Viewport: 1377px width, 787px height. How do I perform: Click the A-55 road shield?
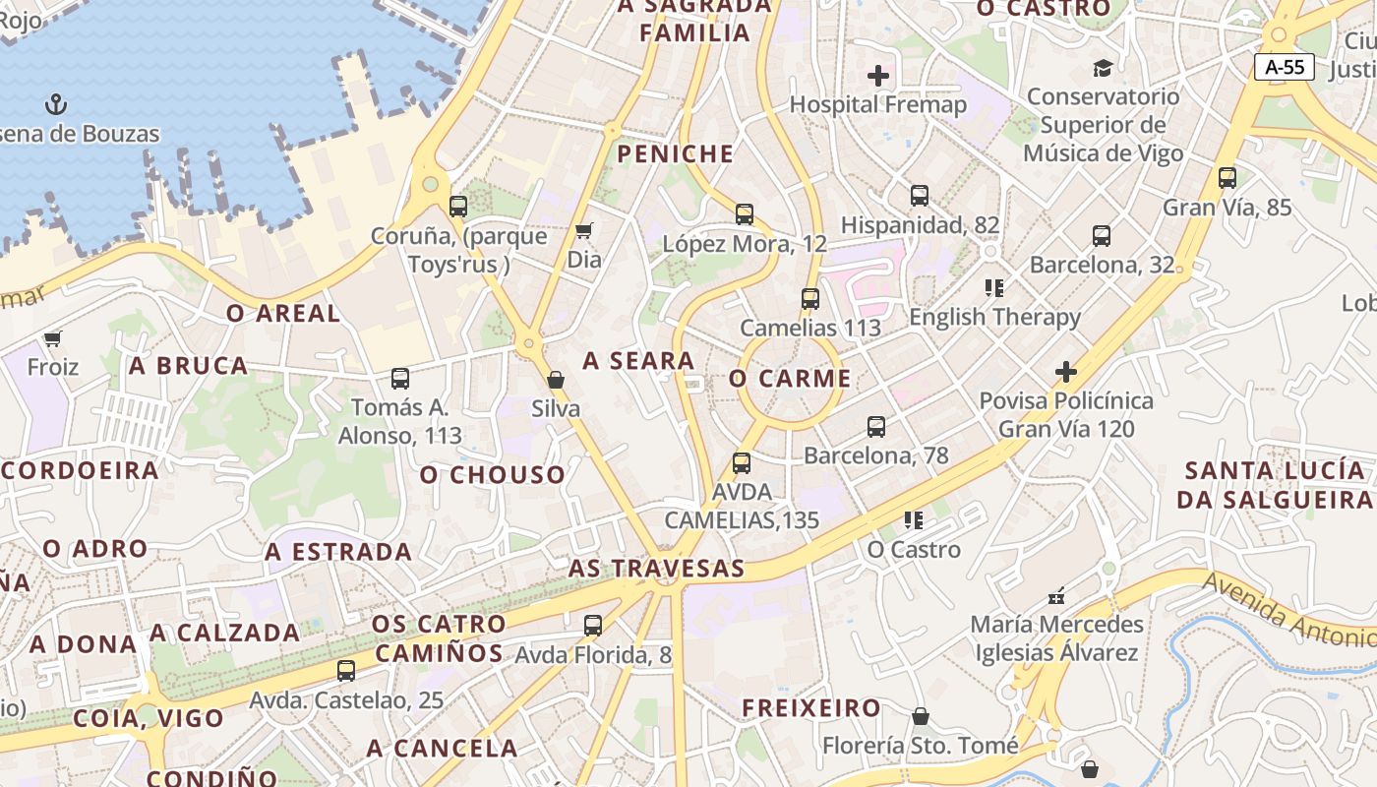point(1285,67)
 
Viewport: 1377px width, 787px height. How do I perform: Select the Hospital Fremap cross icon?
point(878,75)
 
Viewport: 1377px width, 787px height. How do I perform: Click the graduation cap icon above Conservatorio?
point(1103,68)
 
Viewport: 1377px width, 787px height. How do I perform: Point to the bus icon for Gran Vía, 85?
point(1227,178)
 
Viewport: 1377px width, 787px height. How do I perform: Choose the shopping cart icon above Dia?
point(583,231)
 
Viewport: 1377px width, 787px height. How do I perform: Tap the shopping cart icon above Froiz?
point(53,338)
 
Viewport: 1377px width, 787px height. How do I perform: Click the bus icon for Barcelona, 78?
point(876,427)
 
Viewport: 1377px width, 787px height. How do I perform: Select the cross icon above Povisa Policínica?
point(1066,372)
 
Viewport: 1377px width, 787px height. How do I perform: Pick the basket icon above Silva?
point(556,380)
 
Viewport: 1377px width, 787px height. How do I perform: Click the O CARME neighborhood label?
point(791,379)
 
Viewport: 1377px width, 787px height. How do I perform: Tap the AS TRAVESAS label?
point(656,569)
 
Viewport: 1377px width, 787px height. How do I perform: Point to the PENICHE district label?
point(675,153)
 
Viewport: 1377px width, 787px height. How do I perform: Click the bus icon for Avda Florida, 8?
point(593,626)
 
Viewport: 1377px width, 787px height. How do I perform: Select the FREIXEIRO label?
point(811,707)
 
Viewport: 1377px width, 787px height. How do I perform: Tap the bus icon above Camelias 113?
point(810,299)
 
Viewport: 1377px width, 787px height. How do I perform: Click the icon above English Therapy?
point(994,288)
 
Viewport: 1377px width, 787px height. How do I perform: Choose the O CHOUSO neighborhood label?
point(493,475)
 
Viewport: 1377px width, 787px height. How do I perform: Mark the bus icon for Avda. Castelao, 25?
point(346,672)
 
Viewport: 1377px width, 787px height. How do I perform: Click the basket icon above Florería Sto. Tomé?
point(921,716)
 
